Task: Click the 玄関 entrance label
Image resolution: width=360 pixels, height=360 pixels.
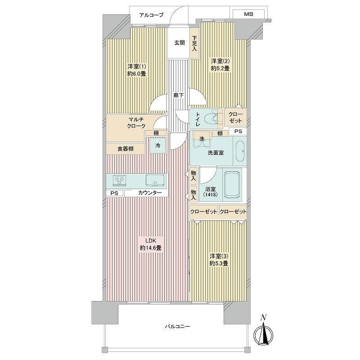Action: pyautogui.click(x=179, y=43)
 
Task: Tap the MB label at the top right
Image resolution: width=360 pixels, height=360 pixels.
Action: pyautogui.click(x=249, y=14)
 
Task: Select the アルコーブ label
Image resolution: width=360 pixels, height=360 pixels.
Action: pyautogui.click(x=151, y=15)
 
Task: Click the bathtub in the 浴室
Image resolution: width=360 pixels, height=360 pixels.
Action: pyautogui.click(x=232, y=185)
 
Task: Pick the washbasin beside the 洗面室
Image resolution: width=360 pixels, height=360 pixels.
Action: pyautogui.click(x=240, y=151)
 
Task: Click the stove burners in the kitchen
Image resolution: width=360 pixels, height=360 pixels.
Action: pyautogui.click(x=119, y=180)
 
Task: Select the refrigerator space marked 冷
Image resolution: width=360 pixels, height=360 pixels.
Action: pyautogui.click(x=158, y=145)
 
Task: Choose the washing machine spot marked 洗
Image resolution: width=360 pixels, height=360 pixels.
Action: pyautogui.click(x=202, y=139)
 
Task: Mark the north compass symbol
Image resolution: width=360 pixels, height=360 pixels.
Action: pyautogui.click(x=264, y=333)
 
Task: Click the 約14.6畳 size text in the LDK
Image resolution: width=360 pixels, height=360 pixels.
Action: pyautogui.click(x=151, y=248)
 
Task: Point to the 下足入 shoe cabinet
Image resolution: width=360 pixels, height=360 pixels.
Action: pyautogui.click(x=194, y=43)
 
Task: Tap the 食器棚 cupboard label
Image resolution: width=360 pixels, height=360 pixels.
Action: pyautogui.click(x=126, y=149)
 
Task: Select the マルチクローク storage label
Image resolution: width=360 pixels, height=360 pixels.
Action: pyautogui.click(x=136, y=122)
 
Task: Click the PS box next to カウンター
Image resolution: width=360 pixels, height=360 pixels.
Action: pyautogui.click(x=115, y=193)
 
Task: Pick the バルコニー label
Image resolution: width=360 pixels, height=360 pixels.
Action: pyautogui.click(x=177, y=326)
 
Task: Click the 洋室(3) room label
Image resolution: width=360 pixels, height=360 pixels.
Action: pyautogui.click(x=219, y=256)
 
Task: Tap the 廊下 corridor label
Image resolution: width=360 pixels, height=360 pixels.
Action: pyautogui.click(x=179, y=95)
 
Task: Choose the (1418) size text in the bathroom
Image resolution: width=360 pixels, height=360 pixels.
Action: pyautogui.click(x=211, y=195)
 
